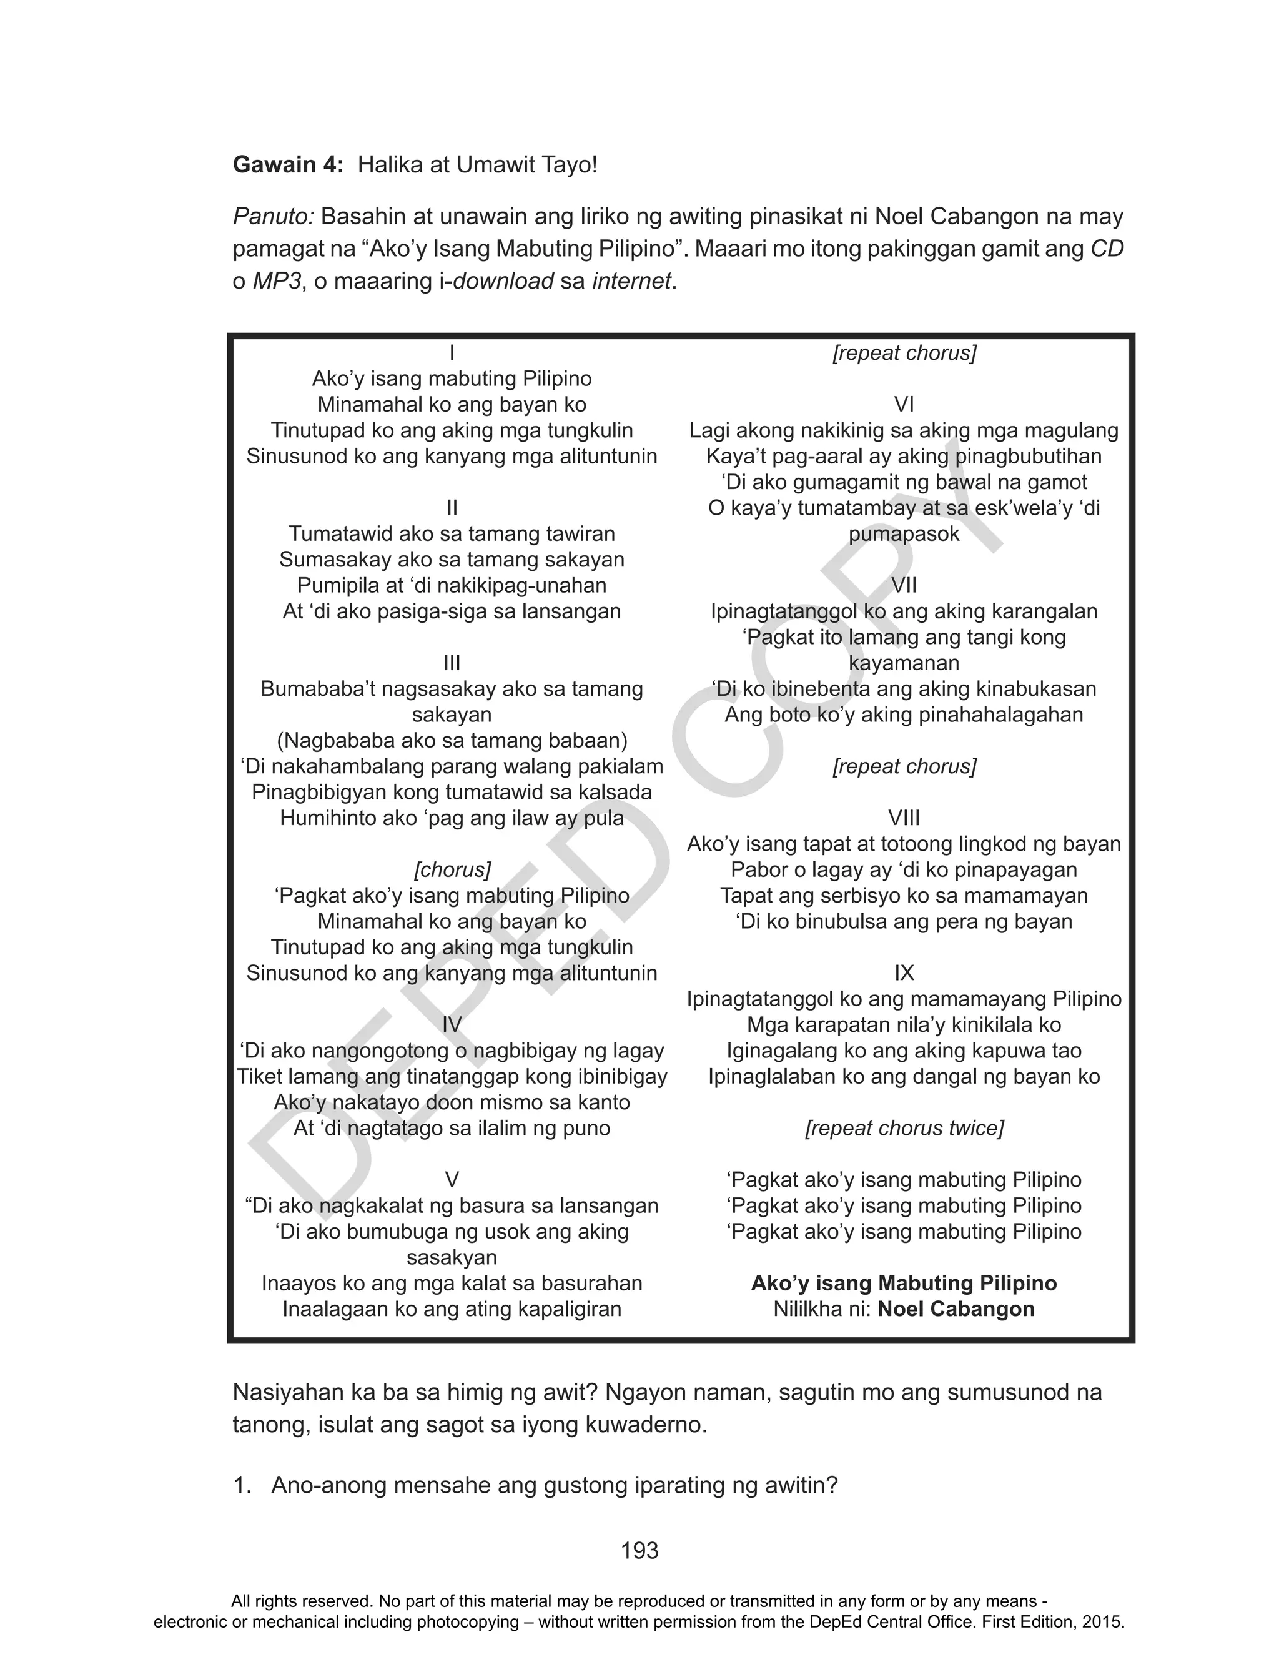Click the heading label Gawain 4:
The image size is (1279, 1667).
pyautogui.click(x=288, y=164)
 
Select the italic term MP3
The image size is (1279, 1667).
pyautogui.click(x=277, y=281)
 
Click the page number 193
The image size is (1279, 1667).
pyautogui.click(x=639, y=1551)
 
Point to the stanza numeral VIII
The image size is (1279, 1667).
pyautogui.click(x=904, y=818)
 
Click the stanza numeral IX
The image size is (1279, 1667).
pyautogui.click(x=904, y=973)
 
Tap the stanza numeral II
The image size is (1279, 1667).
pyautogui.click(x=452, y=508)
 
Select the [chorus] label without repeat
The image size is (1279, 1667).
pyautogui.click(x=452, y=869)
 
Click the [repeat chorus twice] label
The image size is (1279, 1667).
pyautogui.click(x=904, y=1128)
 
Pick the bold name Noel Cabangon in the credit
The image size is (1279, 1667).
pyautogui.click(x=956, y=1309)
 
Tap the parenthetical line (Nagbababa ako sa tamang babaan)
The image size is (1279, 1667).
pyautogui.click(x=452, y=741)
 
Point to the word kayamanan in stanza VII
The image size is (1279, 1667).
pyautogui.click(x=904, y=663)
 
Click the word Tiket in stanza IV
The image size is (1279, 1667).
pyautogui.click(x=261, y=1076)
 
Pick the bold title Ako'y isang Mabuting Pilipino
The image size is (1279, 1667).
pyautogui.click(x=904, y=1284)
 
